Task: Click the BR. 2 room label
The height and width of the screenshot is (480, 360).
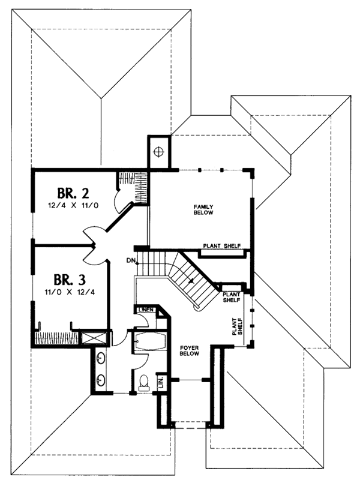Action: point(73,193)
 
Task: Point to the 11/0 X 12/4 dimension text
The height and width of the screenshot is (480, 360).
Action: point(70,293)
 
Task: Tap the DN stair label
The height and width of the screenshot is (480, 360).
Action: point(130,260)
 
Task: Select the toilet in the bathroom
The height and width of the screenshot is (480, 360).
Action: point(143,382)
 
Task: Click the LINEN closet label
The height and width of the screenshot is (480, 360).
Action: point(145,310)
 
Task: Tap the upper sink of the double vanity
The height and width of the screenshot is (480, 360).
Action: point(100,359)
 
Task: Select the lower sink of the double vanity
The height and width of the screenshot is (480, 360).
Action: point(100,379)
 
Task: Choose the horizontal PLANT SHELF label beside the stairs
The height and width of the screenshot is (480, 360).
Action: point(232,298)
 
